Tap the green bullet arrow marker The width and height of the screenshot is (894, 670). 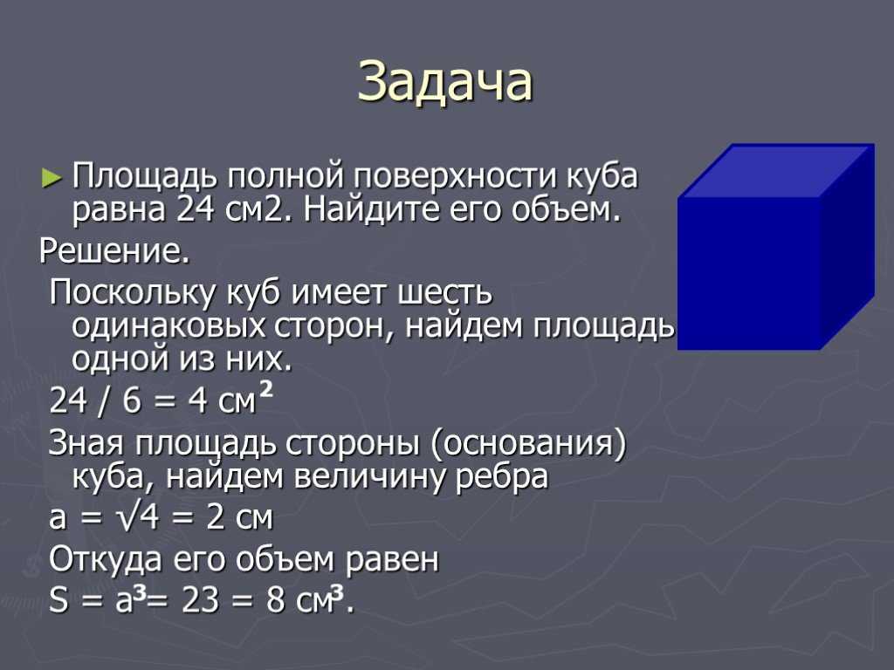pyautogui.click(x=51, y=178)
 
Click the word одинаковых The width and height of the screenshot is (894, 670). pyautogui.click(x=168, y=326)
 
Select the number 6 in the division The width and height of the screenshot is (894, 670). pyautogui.click(x=132, y=400)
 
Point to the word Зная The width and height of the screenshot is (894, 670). pyautogui.click(x=86, y=442)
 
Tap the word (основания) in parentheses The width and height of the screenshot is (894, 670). pyautogui.click(x=528, y=444)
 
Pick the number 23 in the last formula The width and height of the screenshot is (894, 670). pyautogui.click(x=200, y=600)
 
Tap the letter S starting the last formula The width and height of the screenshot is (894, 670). pyautogui.click(x=58, y=600)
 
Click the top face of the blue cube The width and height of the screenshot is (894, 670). pyautogui.click(x=776, y=170)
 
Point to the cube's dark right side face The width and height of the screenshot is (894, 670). pyautogui.click(x=847, y=247)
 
